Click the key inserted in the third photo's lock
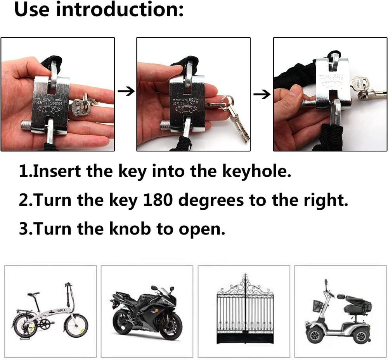point(360,83)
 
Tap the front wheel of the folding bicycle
point(76,325)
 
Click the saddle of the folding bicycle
point(34,294)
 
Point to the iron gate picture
point(244,311)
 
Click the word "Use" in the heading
point(33,9)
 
